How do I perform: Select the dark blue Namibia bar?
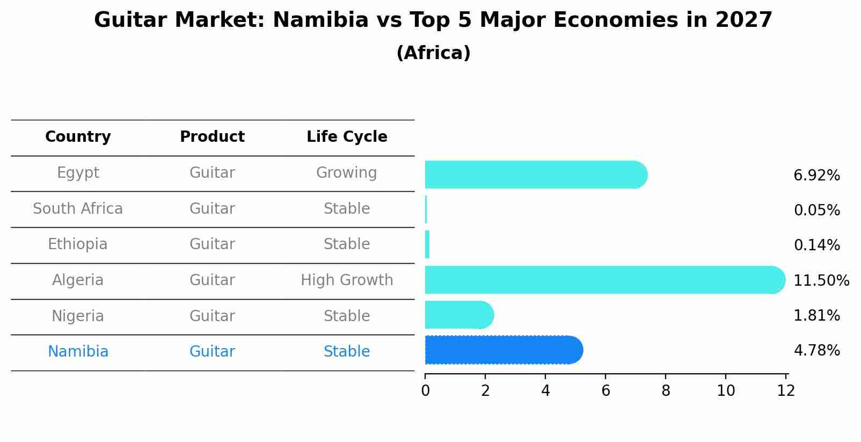(503, 350)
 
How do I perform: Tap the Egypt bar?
(535, 175)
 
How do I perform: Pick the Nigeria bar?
(459, 315)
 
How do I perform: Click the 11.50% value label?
(821, 281)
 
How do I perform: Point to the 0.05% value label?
(816, 211)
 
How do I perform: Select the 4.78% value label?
(816, 351)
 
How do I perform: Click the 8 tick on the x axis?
(666, 391)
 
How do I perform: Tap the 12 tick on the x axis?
(786, 391)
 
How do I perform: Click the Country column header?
(78, 137)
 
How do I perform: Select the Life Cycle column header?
(347, 137)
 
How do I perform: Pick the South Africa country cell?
(78, 209)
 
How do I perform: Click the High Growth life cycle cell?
(347, 280)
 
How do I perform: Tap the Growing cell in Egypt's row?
(347, 173)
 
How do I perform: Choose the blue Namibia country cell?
(78, 352)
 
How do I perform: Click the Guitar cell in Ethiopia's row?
(212, 244)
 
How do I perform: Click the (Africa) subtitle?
(433, 53)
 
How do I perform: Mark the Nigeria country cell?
(78, 316)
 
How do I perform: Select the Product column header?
(212, 137)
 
